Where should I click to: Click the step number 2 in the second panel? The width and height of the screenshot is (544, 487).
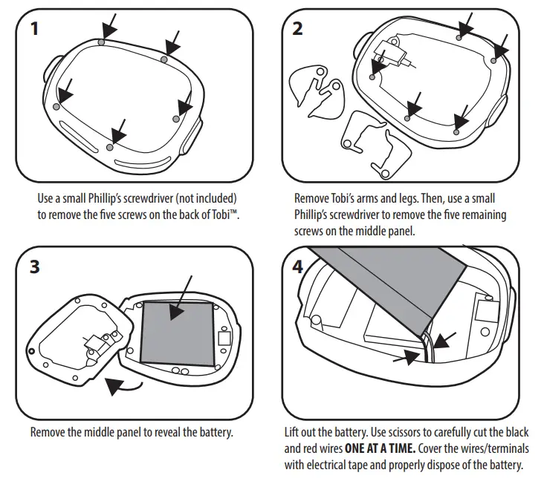click(298, 29)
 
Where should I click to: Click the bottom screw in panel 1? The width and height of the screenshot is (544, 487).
click(110, 148)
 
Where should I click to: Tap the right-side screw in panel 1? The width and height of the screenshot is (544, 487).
click(176, 118)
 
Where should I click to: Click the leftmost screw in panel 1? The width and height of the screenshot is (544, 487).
click(56, 107)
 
